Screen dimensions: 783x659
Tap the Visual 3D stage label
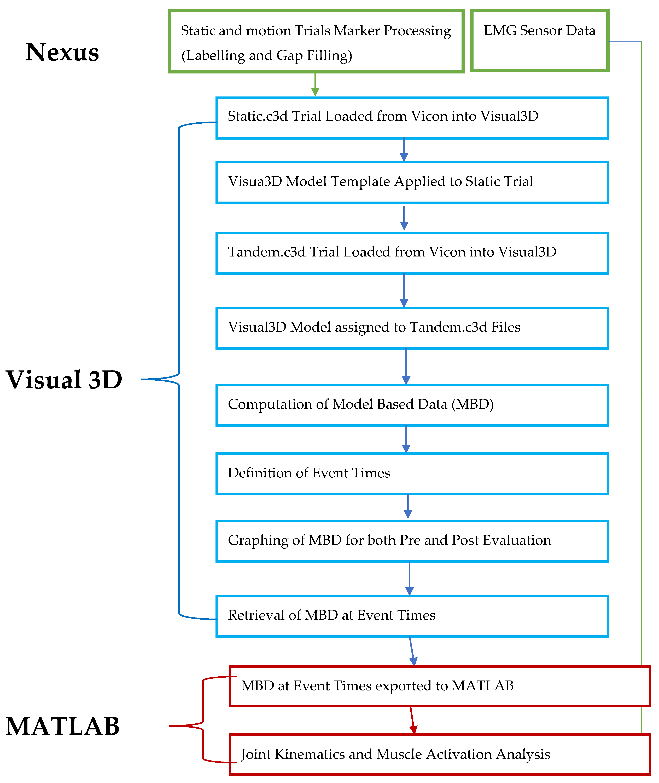(64, 380)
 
